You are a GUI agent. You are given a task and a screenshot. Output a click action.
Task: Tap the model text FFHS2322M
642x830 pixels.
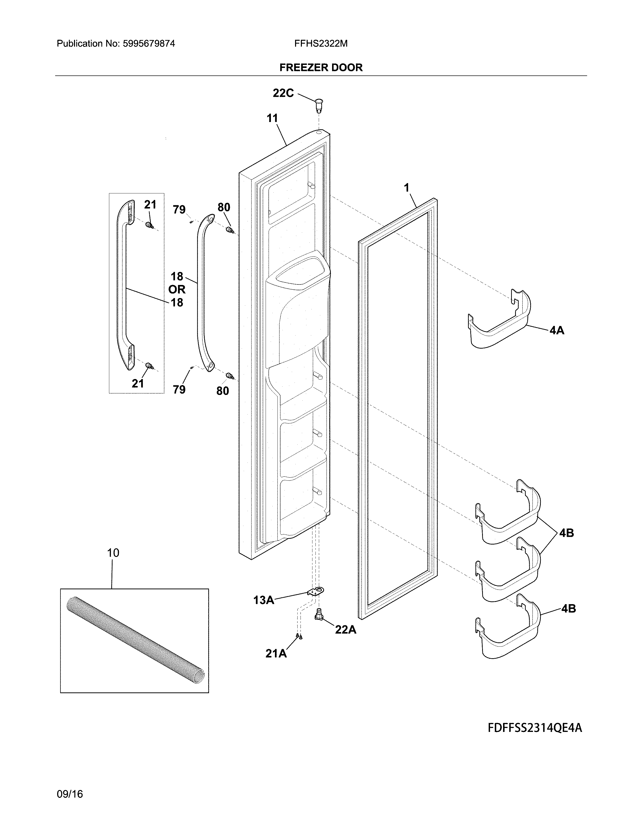[x=320, y=44]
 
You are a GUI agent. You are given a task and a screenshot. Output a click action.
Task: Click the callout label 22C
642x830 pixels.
[x=283, y=93]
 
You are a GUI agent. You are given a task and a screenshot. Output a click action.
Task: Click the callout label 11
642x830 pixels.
[x=272, y=118]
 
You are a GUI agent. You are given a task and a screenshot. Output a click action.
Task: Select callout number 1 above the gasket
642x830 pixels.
[x=407, y=188]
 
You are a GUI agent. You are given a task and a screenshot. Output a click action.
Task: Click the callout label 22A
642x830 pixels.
[x=345, y=630]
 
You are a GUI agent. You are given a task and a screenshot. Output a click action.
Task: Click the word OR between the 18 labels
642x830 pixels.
[x=177, y=289]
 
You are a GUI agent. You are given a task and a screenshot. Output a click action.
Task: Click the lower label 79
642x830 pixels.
[x=179, y=390]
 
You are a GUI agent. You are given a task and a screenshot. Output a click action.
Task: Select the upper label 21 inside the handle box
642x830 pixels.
[x=150, y=205]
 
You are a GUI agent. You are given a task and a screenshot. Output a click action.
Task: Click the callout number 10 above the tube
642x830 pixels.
[x=113, y=553]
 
